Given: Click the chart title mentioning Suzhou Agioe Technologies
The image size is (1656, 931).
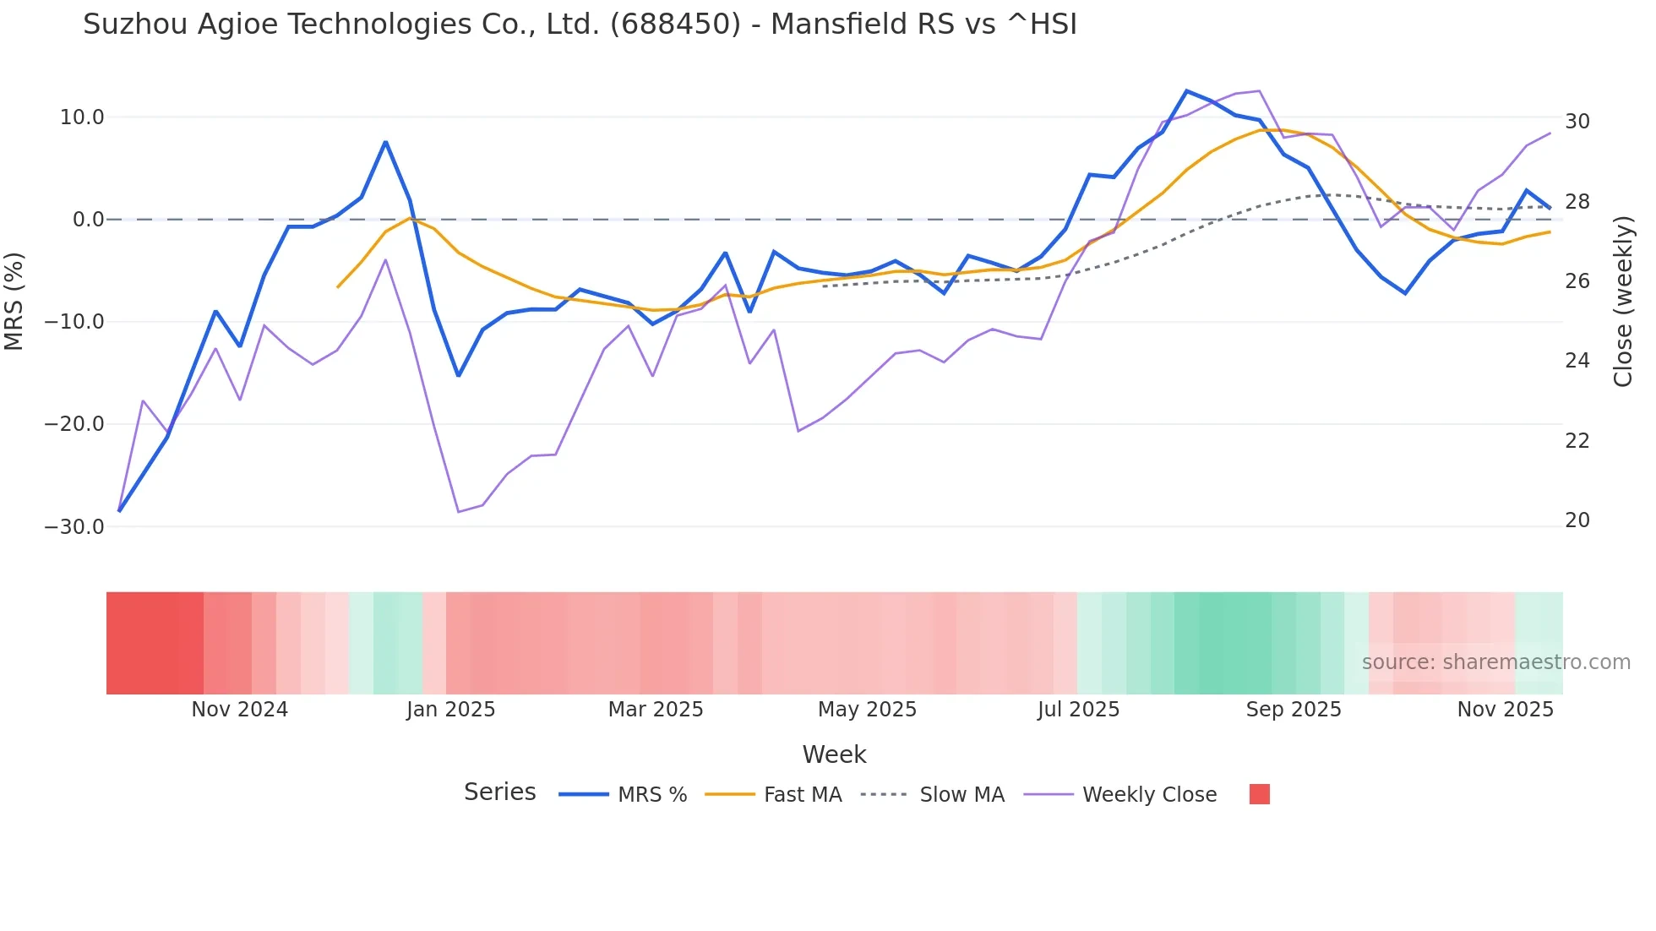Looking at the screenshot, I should (580, 24).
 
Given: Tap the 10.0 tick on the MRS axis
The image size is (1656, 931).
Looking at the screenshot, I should (82, 117).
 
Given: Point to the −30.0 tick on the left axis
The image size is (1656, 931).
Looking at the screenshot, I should (74, 527).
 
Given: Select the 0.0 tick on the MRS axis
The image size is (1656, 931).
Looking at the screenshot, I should (88, 220).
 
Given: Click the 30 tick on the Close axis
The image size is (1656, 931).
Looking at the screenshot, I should (1577, 122).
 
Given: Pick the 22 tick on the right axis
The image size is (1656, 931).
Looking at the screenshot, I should (1577, 441).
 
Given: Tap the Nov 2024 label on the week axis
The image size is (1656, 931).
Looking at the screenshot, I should (239, 710).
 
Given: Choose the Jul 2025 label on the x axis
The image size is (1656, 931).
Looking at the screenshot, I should (1078, 710).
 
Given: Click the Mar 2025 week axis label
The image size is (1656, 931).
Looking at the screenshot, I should (656, 710).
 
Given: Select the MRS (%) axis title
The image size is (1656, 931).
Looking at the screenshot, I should (14, 301).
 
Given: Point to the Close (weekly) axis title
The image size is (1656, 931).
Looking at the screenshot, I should (1623, 302).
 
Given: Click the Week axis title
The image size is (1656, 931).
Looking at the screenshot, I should (834, 754).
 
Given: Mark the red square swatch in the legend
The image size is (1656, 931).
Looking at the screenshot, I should (1259, 794).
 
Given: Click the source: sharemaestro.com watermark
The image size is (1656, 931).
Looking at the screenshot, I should (1495, 662).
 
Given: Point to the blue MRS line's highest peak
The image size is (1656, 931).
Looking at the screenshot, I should (1186, 91).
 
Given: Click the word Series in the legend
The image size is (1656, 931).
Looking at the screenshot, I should (499, 792).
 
